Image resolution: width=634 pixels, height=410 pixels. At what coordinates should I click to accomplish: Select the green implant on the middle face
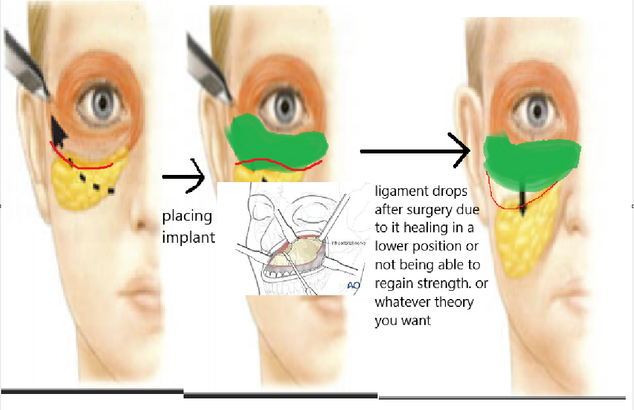[276, 141]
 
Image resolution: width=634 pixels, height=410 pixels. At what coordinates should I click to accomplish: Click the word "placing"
[187, 216]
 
